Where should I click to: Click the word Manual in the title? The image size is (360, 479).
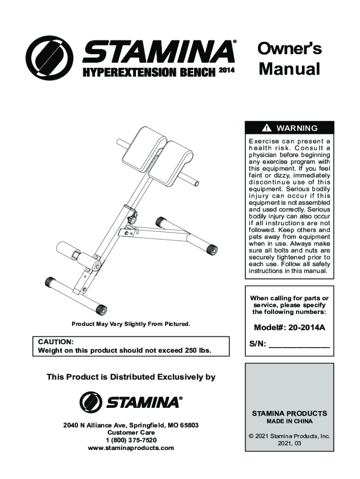click(289, 69)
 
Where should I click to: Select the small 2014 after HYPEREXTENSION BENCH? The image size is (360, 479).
click(226, 72)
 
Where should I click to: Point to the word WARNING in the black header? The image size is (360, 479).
click(297, 128)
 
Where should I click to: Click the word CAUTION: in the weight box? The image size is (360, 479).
click(55, 342)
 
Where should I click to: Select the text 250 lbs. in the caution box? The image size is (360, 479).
click(193, 350)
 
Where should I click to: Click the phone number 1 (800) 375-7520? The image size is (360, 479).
click(131, 440)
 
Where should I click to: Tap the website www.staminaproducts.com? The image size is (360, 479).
click(131, 448)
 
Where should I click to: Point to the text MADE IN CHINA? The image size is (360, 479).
click(289, 421)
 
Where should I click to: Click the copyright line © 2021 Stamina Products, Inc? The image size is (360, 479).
click(289, 436)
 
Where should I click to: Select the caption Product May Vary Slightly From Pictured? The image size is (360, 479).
click(131, 324)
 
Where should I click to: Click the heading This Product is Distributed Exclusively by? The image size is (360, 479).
click(131, 377)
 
